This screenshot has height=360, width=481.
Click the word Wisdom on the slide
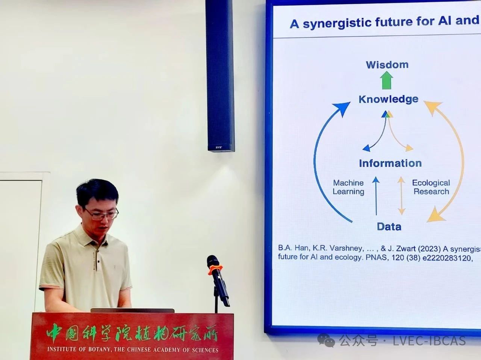pyautogui.click(x=387, y=65)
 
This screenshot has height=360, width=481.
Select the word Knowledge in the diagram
pyautogui.click(x=389, y=99)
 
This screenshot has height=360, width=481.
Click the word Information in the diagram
pyautogui.click(x=390, y=163)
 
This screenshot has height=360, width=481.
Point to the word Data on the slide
pyautogui.click(x=389, y=227)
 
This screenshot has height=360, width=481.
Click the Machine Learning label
pyautogui.click(x=348, y=187)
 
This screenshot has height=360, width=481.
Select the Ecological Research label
pyautogui.click(x=431, y=187)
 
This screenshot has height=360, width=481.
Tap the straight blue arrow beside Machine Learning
pyautogui.click(x=376, y=196)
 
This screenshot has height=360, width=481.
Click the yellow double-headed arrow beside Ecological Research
pyautogui.click(x=401, y=196)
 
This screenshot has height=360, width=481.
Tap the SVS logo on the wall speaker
pyautogui.click(x=218, y=147)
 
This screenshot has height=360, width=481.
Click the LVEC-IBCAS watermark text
pyautogui.click(x=429, y=341)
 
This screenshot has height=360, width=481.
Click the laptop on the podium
pyautogui.click(x=132, y=310)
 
